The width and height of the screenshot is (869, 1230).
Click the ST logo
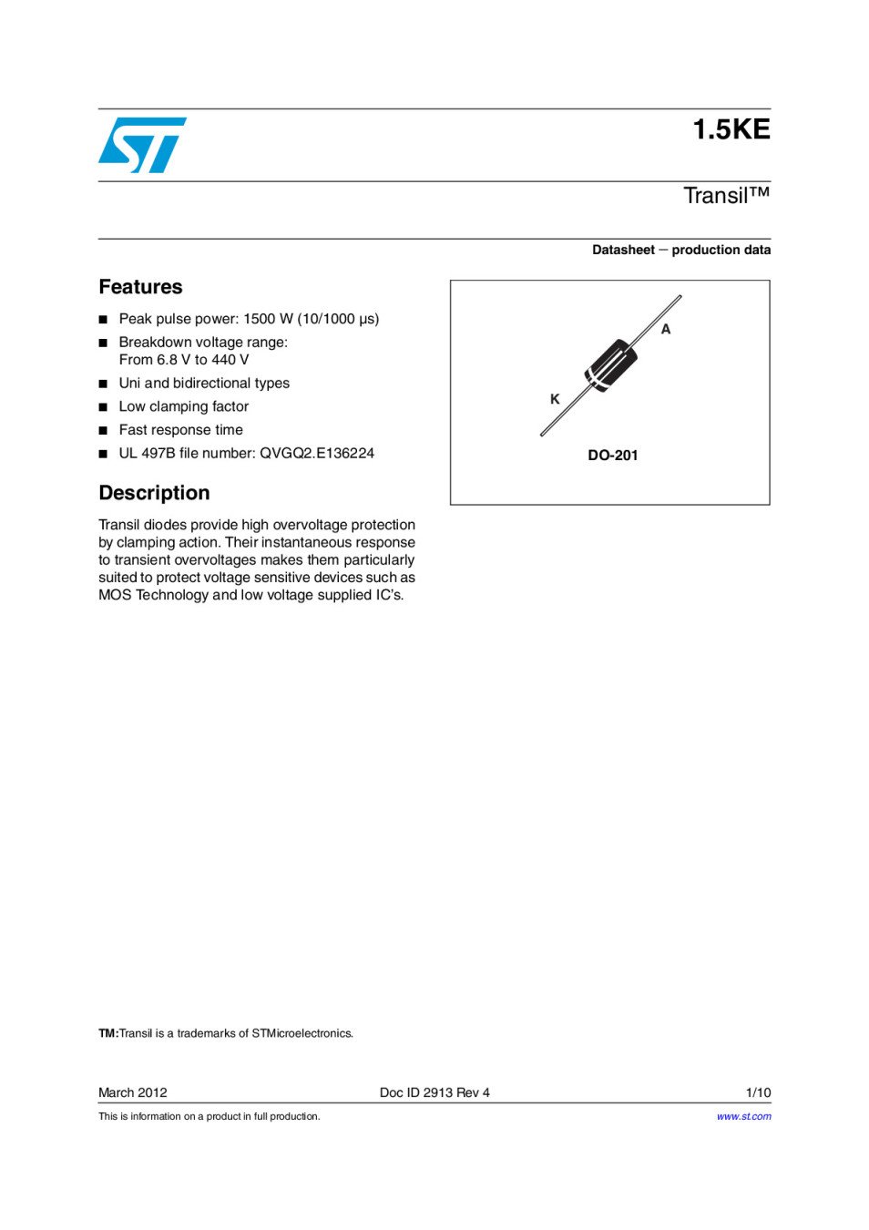tap(142, 145)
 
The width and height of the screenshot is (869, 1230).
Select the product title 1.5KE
tap(731, 129)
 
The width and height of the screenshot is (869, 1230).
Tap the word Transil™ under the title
tap(726, 196)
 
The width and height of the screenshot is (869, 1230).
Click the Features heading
tap(140, 287)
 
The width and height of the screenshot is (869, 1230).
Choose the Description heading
tap(154, 493)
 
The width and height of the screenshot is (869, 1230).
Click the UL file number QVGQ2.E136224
tap(317, 453)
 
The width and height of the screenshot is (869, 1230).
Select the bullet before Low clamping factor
tap(103, 407)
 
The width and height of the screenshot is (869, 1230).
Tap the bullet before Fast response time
tap(103, 430)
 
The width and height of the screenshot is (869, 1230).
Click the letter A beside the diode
tap(666, 329)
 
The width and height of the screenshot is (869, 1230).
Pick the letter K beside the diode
tap(555, 399)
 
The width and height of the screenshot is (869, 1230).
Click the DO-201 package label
tap(612, 456)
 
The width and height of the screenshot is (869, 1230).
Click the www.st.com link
tap(743, 1116)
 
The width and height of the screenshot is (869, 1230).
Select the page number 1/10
tap(758, 1092)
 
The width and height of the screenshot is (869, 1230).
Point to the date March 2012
tap(133, 1092)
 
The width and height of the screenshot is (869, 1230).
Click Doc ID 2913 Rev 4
tap(434, 1092)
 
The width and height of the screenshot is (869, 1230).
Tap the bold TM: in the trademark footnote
tap(108, 1033)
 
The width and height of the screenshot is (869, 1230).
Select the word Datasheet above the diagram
tap(623, 250)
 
